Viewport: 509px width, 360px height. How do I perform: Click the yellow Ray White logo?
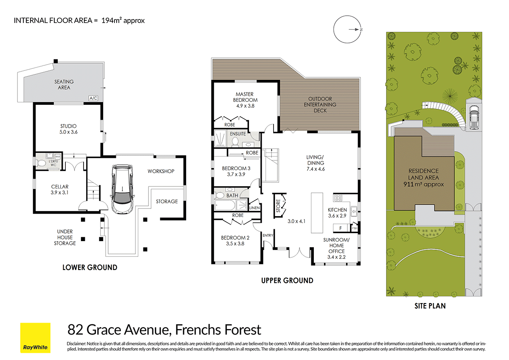[x=35, y=338]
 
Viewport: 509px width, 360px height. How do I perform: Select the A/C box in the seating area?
[x=93, y=98]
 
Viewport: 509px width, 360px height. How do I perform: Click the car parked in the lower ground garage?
[x=122, y=189]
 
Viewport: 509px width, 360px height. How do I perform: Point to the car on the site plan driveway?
[x=474, y=117]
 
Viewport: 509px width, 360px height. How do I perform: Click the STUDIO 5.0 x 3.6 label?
[x=68, y=129]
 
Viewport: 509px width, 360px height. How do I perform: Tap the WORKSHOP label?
[x=161, y=171]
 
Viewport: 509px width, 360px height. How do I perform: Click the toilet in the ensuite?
[x=235, y=141]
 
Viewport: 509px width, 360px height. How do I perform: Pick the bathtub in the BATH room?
[x=225, y=205]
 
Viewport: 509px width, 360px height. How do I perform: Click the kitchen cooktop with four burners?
[x=338, y=198]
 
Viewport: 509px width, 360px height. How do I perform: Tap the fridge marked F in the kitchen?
[x=340, y=228]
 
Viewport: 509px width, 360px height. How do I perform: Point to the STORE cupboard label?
[x=278, y=206]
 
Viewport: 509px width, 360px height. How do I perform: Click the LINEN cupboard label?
[x=254, y=208]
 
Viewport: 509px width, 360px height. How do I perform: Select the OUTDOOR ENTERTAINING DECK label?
[x=320, y=104]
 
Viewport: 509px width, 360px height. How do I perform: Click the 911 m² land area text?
[x=424, y=184]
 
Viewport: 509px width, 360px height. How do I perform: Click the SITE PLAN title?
[x=430, y=306]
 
